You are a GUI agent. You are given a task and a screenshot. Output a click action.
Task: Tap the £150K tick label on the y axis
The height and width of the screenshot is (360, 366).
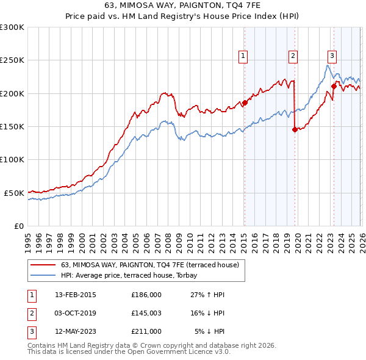coord(12,126)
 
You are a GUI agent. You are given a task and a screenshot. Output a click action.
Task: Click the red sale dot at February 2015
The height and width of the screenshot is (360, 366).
coord(245,103)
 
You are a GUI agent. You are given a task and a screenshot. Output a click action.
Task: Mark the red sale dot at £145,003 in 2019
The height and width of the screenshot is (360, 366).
coord(295,129)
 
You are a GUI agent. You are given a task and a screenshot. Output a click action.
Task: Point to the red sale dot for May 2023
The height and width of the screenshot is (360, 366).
coord(334,86)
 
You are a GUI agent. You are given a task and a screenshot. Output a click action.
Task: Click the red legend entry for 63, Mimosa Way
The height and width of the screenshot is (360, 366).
coord(152,265)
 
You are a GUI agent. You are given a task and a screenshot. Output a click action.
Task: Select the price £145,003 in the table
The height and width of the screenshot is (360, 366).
coord(146,313)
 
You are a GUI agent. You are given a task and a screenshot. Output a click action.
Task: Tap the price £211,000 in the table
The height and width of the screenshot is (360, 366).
coord(146,331)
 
